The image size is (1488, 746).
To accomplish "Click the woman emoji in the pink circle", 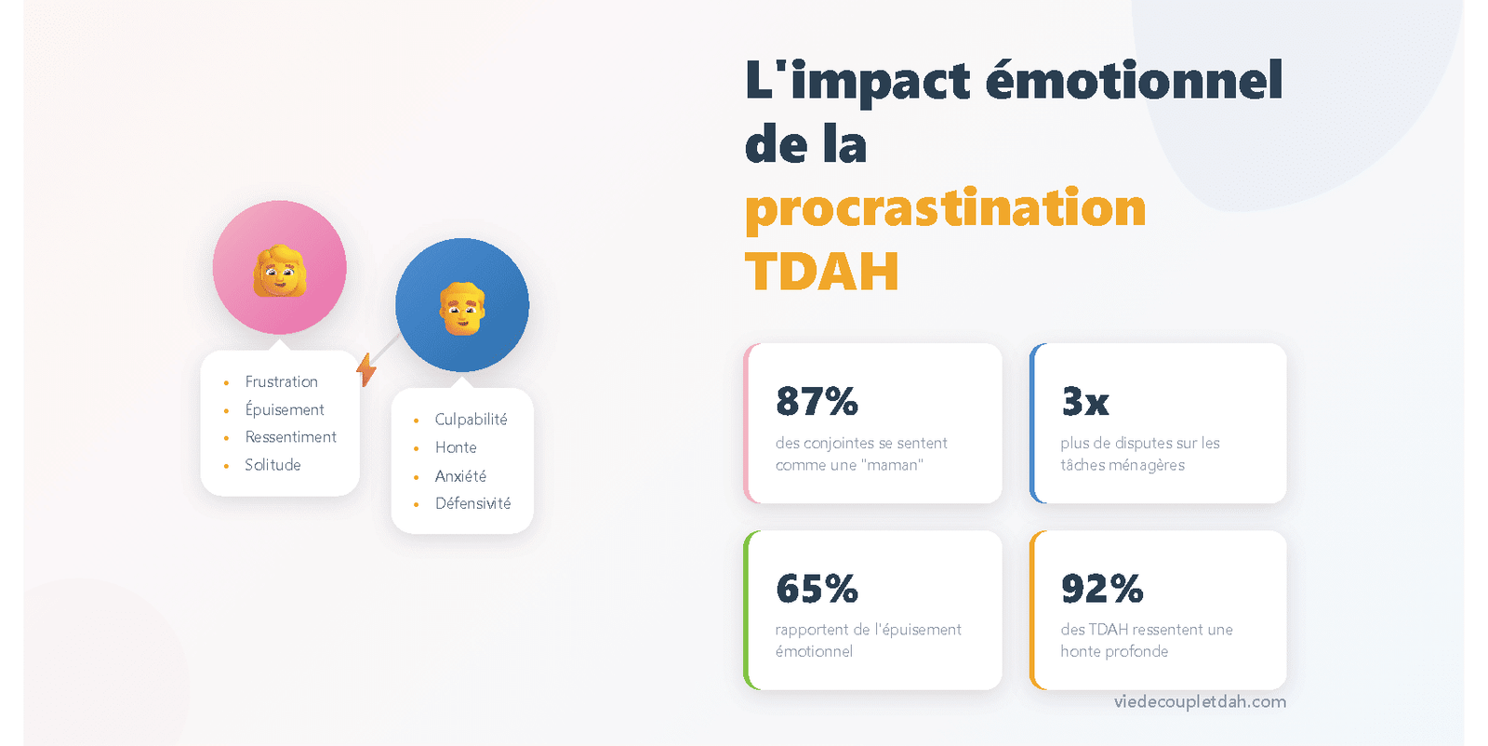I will (x=280, y=271).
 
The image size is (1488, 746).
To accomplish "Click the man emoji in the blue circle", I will (x=462, y=308).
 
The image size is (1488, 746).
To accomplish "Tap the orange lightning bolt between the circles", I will (x=366, y=369).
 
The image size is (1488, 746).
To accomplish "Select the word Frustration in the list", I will (x=281, y=381).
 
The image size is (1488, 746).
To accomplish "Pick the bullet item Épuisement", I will (x=285, y=409).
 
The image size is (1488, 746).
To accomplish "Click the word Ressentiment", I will (x=290, y=437).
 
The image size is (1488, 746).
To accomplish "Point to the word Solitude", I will (x=272, y=465).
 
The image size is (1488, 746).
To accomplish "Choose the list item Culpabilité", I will (x=471, y=420).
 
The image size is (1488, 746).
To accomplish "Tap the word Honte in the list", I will (x=456, y=447).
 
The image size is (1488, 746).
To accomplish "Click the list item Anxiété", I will (x=460, y=476).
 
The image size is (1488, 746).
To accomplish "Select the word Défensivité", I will (x=472, y=503).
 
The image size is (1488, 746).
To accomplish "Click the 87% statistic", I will (x=817, y=402).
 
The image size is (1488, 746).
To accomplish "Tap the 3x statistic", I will (x=1085, y=402).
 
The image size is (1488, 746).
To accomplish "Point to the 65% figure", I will (x=817, y=589).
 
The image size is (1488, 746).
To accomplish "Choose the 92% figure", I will (x=1102, y=589).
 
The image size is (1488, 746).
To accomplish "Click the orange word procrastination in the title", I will (x=945, y=207).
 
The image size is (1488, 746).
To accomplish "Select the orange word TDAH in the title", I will (x=821, y=272).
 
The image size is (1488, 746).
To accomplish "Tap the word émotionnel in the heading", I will (x=1134, y=80).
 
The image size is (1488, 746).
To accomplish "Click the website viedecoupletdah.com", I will (x=1200, y=701).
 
